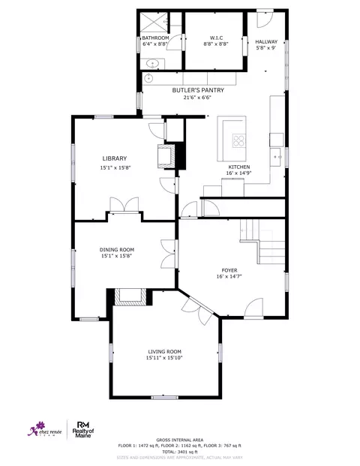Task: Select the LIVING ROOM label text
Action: (x=164, y=351)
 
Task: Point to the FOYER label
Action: (x=229, y=269)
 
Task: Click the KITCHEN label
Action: (x=239, y=167)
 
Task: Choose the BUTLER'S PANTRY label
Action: (x=187, y=89)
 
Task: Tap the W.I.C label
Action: (x=214, y=38)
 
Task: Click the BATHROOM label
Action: (x=156, y=38)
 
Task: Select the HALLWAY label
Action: (x=266, y=42)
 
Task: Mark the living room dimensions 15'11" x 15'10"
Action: (x=164, y=358)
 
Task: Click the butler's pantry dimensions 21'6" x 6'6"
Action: (x=187, y=97)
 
